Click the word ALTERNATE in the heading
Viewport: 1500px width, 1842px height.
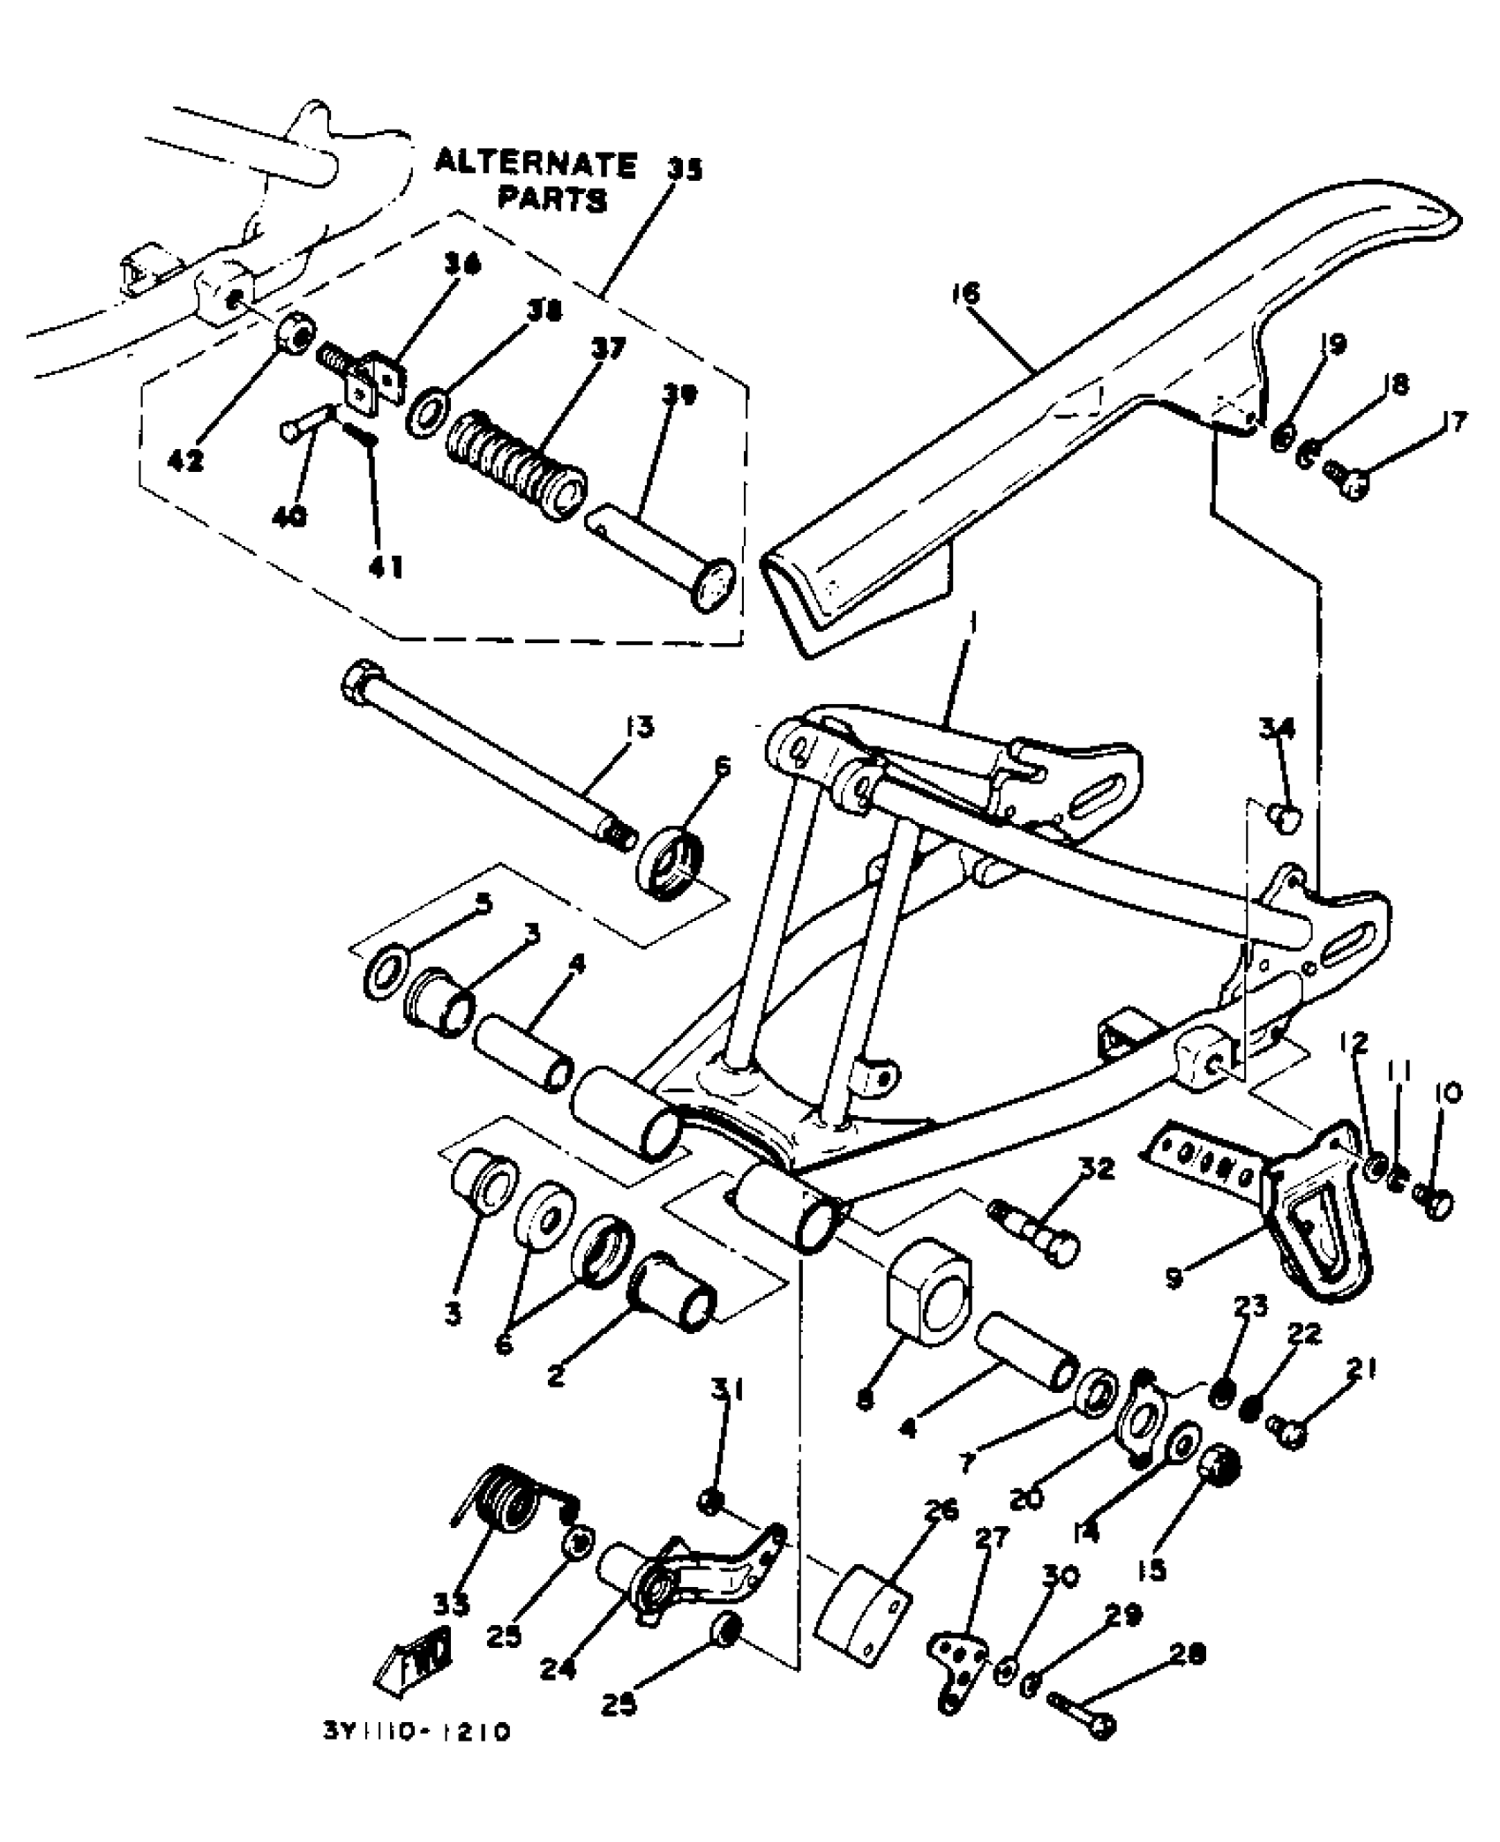click(536, 165)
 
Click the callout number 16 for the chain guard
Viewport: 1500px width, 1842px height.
click(967, 293)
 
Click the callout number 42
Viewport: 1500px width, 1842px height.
click(185, 460)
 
